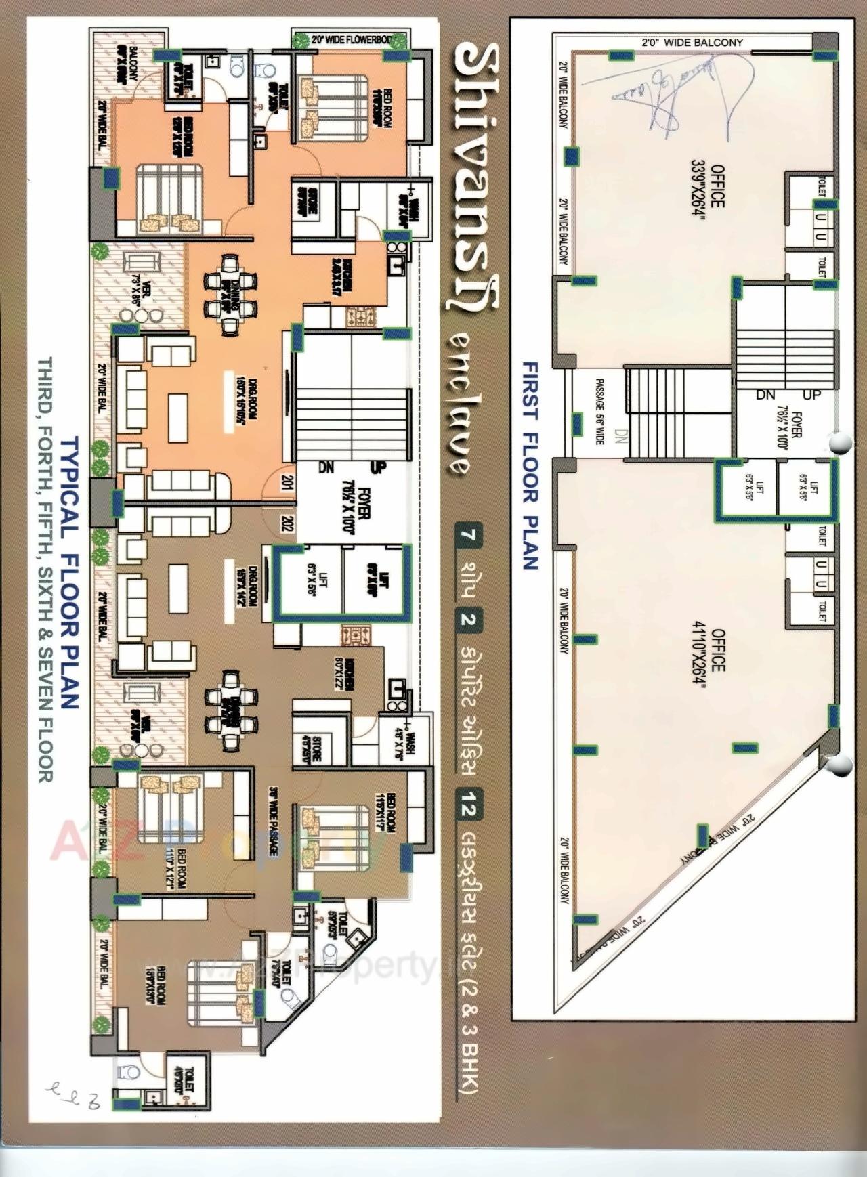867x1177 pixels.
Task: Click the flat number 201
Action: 287,483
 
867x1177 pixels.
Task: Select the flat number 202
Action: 287,523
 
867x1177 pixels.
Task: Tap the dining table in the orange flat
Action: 230,295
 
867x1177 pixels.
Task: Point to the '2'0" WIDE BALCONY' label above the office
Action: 692,43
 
